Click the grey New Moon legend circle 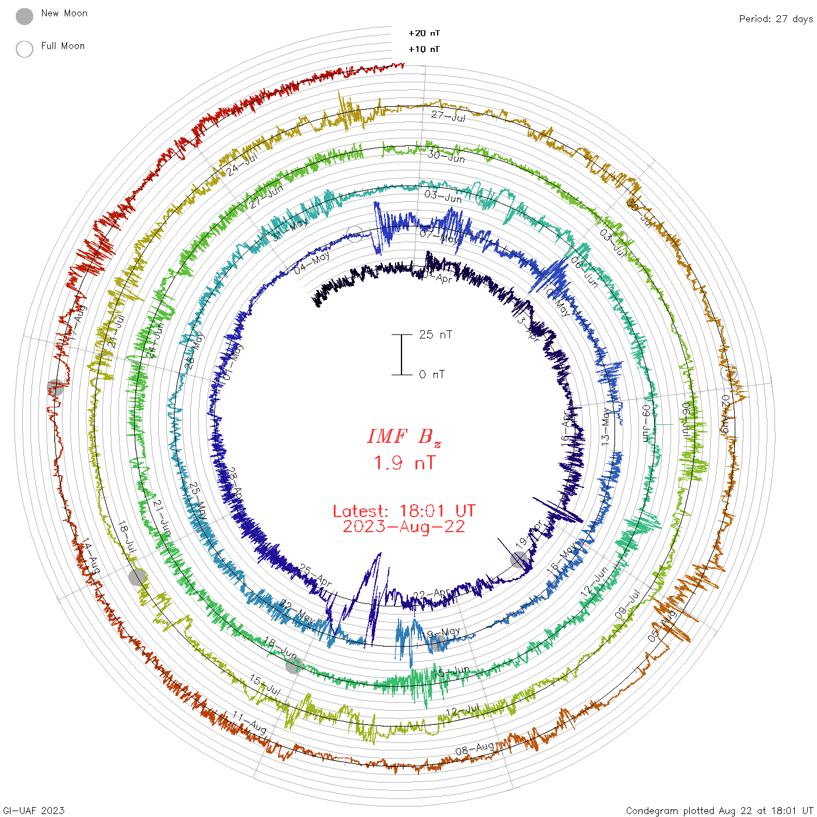pos(25,17)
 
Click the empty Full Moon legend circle pos(25,49)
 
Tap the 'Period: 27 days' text pos(776,19)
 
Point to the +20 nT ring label pos(424,33)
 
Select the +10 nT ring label pos(424,49)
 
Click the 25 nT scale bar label pos(435,334)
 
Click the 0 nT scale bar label pos(432,374)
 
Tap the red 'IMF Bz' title pos(404,437)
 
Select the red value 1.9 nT pos(404,463)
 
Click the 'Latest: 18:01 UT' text pos(404,511)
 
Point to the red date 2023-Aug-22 pos(404,526)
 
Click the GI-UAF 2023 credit pos(34,811)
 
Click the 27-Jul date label pos(448,116)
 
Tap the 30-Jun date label pos(446,156)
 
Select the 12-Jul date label pos(463,711)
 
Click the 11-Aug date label pos(250,722)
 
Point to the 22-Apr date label pos(432,594)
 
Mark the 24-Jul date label pos(242,163)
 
